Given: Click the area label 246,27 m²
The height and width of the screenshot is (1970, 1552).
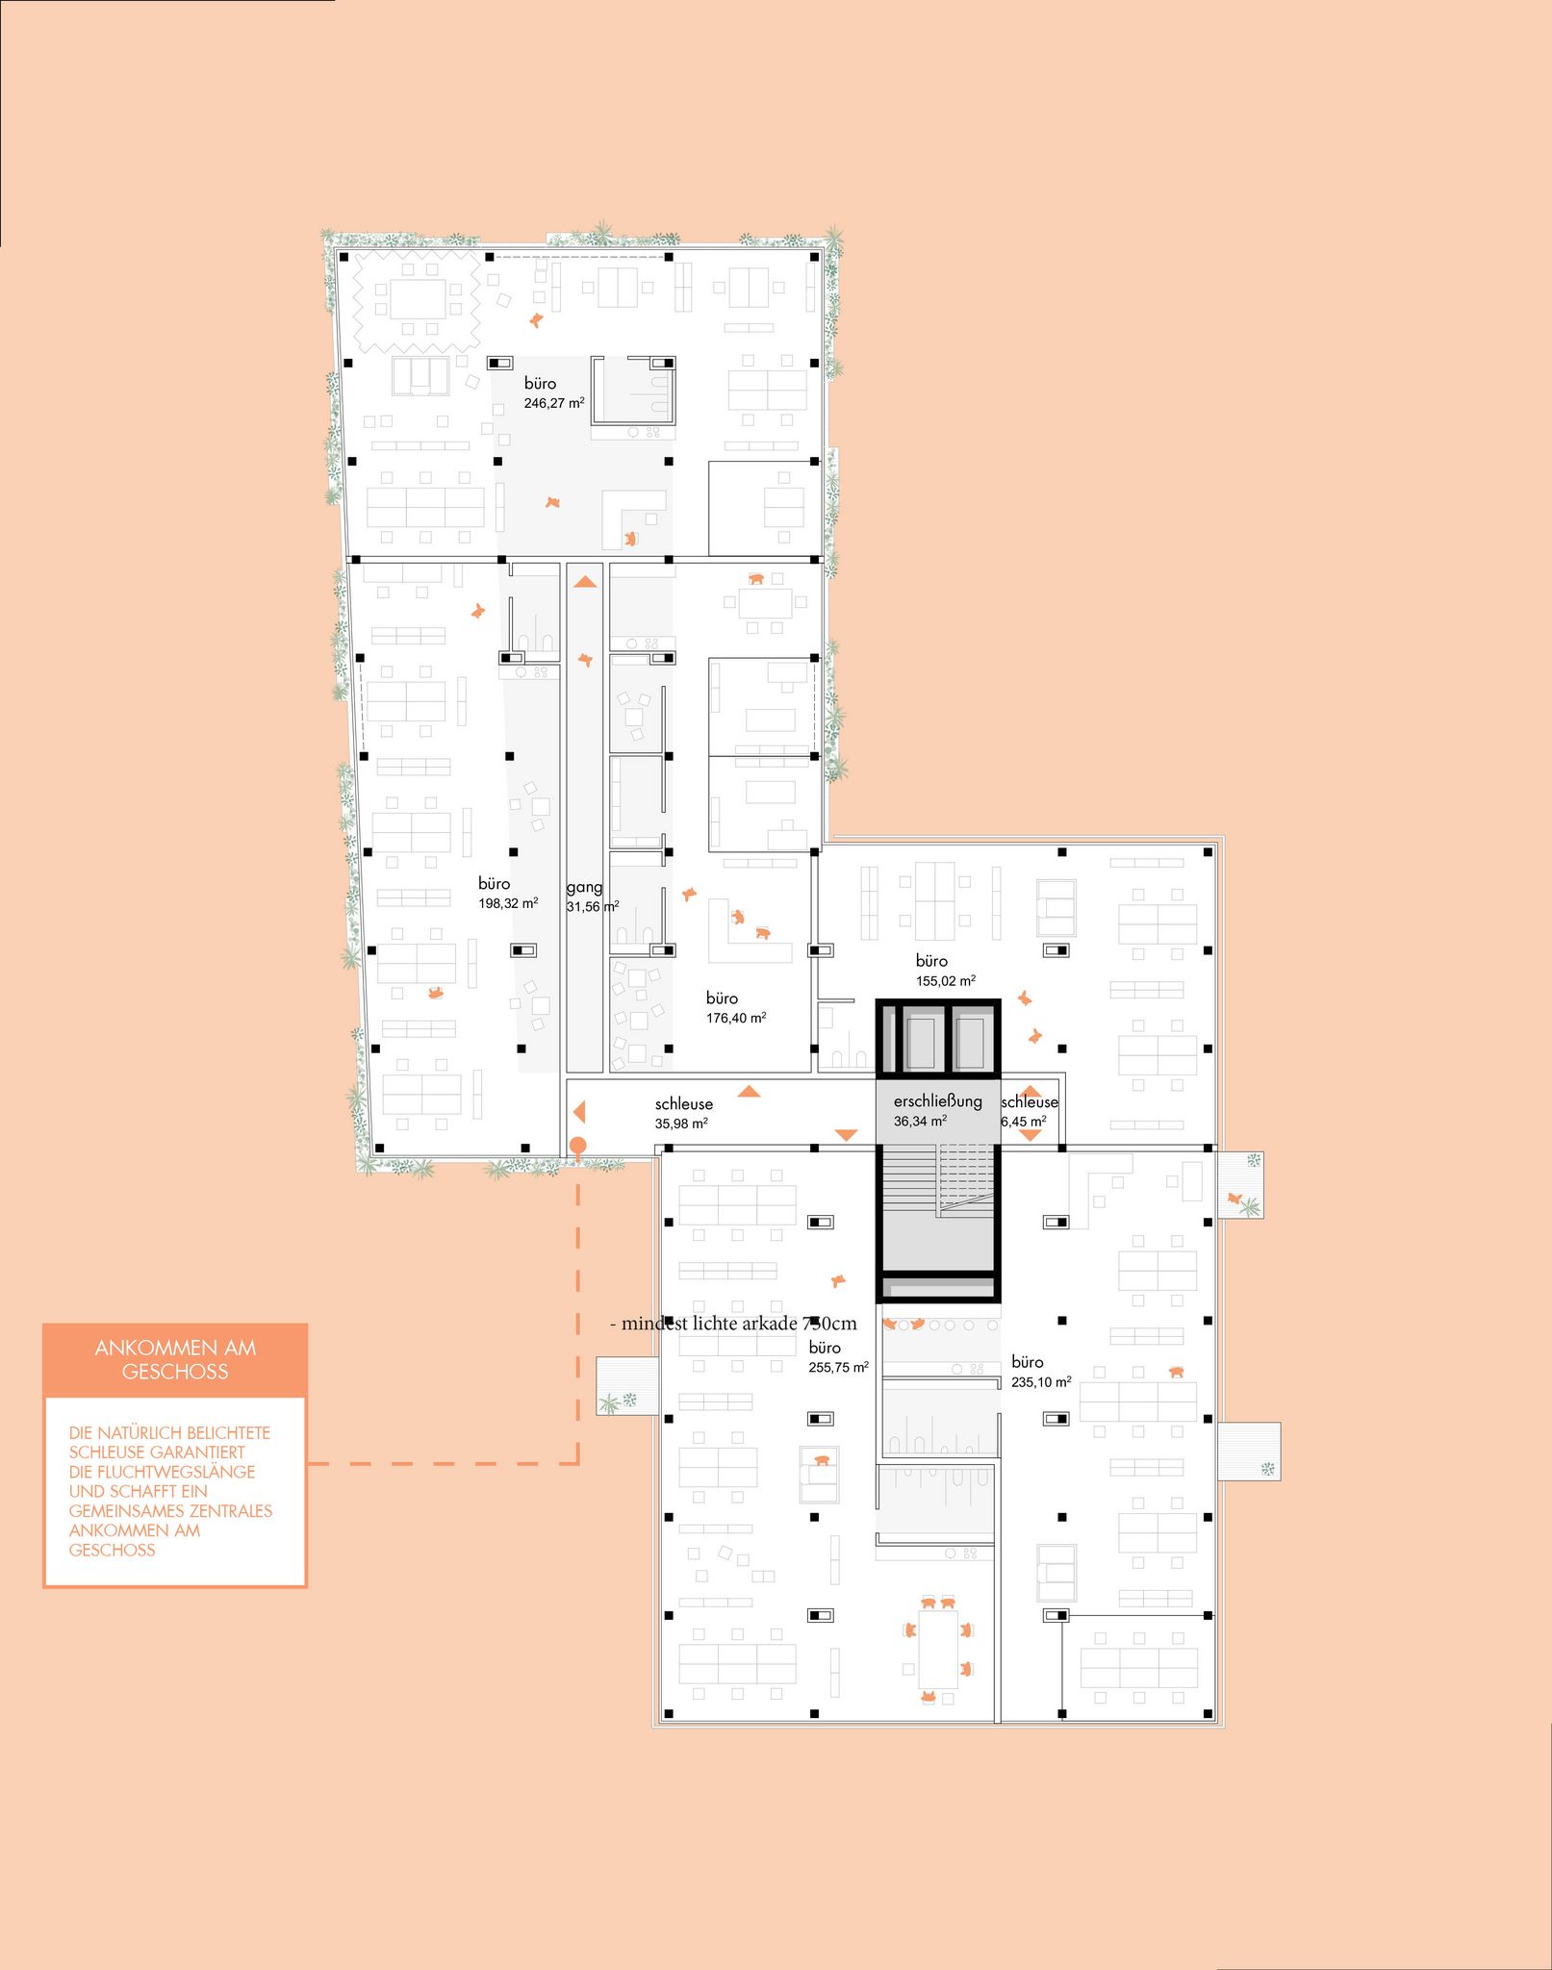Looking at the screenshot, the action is [x=554, y=403].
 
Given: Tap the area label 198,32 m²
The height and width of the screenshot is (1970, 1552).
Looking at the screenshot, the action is [x=509, y=903].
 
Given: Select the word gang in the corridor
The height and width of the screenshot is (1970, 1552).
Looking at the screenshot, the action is [x=584, y=887].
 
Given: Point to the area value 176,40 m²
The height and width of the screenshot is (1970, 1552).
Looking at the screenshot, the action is [x=736, y=1018].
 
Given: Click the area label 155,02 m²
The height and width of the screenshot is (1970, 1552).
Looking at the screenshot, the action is [x=946, y=981].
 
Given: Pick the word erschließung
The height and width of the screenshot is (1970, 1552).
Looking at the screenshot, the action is [x=938, y=1101].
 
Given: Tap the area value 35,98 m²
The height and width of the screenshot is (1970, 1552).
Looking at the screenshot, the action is [x=682, y=1124].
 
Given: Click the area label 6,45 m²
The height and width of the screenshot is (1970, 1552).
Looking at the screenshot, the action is [x=1024, y=1122].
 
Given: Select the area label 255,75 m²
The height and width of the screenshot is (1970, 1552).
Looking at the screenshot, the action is [x=839, y=1367].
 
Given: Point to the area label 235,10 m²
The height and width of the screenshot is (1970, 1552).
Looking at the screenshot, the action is [x=1041, y=1382].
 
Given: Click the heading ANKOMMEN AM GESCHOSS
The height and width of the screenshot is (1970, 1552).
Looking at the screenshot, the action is [x=175, y=1359].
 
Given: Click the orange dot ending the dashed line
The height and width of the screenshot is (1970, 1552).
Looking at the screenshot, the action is [x=578, y=1146].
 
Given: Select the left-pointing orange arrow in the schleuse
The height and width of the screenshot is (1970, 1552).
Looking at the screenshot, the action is [x=579, y=1112].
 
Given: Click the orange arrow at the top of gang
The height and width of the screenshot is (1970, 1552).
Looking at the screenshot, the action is [x=585, y=581].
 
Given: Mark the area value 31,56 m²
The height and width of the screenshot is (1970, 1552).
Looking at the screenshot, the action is [x=593, y=907].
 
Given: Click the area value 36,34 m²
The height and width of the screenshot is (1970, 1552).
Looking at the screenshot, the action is [x=921, y=1122].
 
